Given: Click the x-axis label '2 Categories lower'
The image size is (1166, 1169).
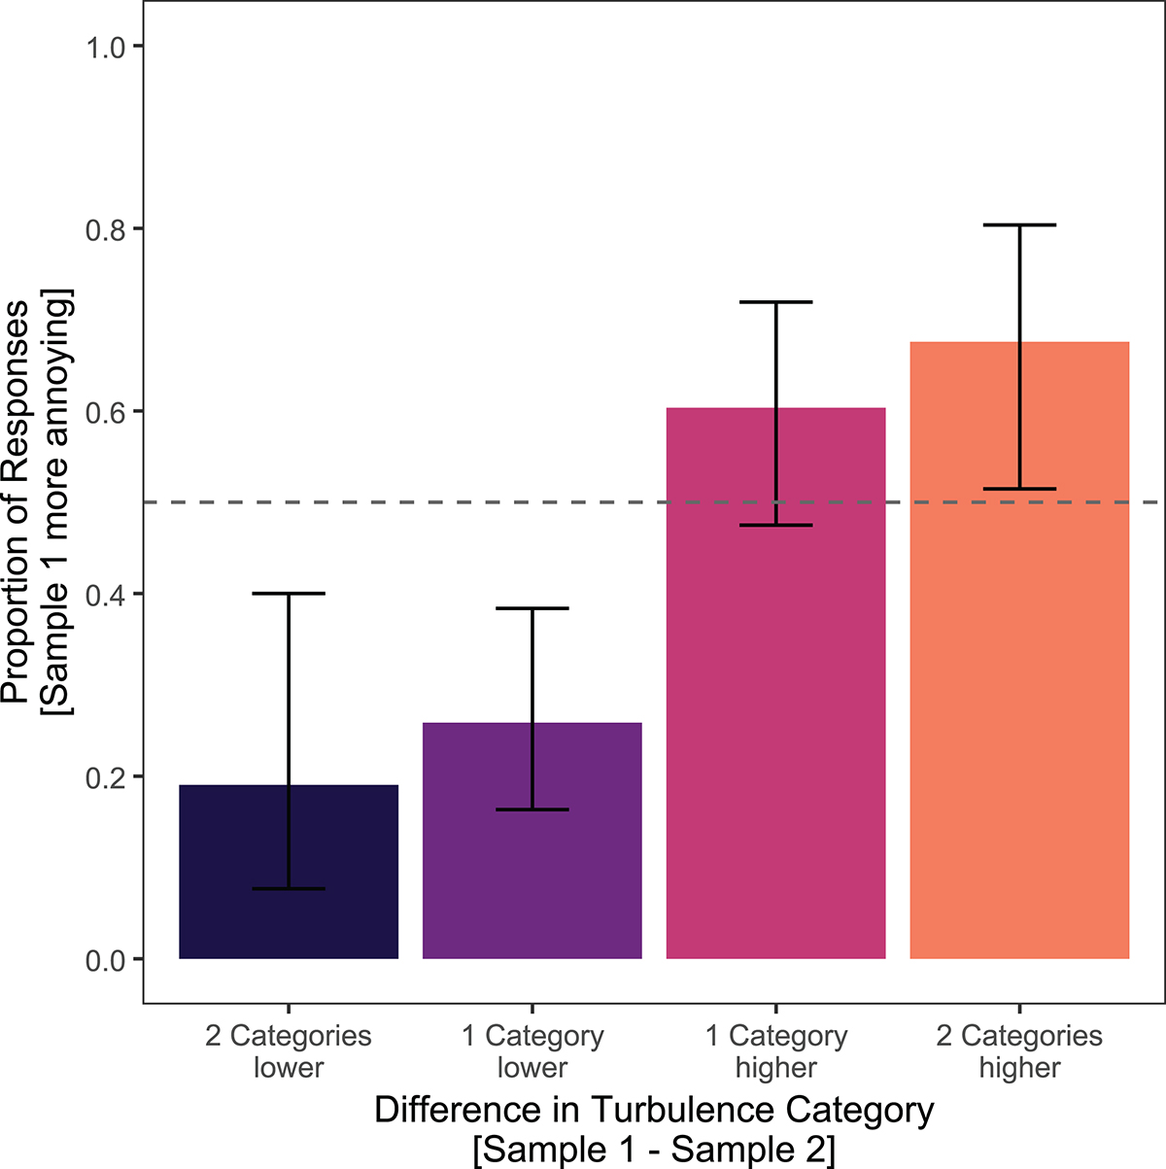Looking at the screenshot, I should pyautogui.click(x=289, y=1051).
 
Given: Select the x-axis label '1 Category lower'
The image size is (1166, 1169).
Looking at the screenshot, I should pyautogui.click(x=532, y=1051).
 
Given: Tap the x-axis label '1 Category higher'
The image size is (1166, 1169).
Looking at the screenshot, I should pyautogui.click(x=776, y=1051).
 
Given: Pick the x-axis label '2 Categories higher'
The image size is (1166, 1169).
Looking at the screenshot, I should pyautogui.click(x=1019, y=1051).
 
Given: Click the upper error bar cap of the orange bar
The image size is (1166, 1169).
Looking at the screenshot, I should pyautogui.click(x=1020, y=225).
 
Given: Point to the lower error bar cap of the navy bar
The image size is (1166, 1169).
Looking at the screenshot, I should pyautogui.click(x=289, y=889).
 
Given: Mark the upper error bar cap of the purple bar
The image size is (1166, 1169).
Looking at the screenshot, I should pyautogui.click(x=532, y=608).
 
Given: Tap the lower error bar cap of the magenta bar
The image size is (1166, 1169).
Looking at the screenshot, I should pyautogui.click(x=776, y=525).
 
